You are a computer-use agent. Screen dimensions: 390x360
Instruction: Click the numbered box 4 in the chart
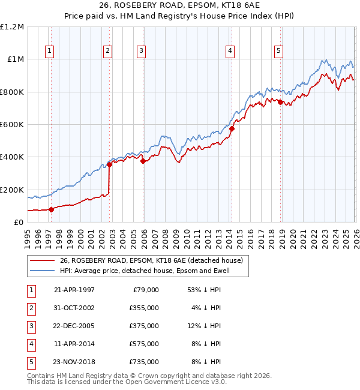pos(230,52)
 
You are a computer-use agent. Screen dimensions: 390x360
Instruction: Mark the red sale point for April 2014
pos(232,128)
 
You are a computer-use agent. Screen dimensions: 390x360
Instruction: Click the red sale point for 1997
pos(51,209)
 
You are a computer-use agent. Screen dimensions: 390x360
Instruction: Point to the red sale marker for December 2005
pos(143,161)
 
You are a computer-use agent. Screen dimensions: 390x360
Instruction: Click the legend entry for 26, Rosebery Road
pos(151,260)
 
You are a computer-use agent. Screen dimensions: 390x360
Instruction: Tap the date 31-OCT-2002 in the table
pos(74,308)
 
